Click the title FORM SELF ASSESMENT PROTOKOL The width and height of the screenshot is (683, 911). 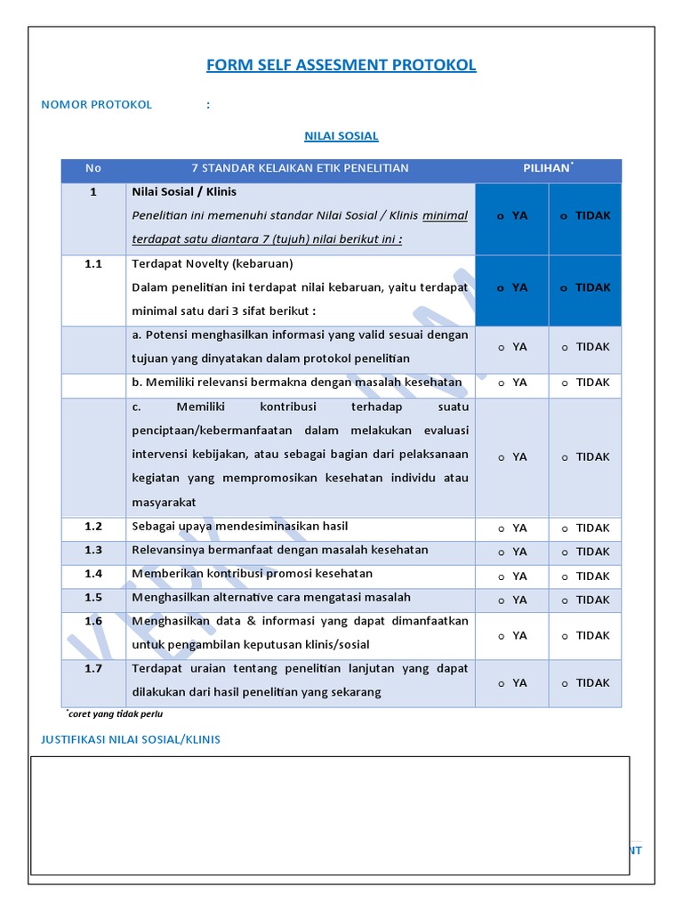coord(341,65)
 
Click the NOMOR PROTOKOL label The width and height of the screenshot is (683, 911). coord(96,104)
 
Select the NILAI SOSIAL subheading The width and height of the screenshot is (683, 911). coord(341,136)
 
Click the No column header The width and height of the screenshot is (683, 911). coord(93,168)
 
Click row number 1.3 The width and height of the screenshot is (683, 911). coord(93,551)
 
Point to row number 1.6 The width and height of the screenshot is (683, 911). coord(93,621)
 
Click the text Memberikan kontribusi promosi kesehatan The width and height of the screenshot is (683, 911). coord(252,574)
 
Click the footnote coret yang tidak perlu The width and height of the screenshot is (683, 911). coord(116,713)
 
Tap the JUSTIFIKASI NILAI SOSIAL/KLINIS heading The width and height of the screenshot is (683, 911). coord(131,739)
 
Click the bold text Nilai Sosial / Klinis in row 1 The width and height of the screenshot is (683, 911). coord(184,191)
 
